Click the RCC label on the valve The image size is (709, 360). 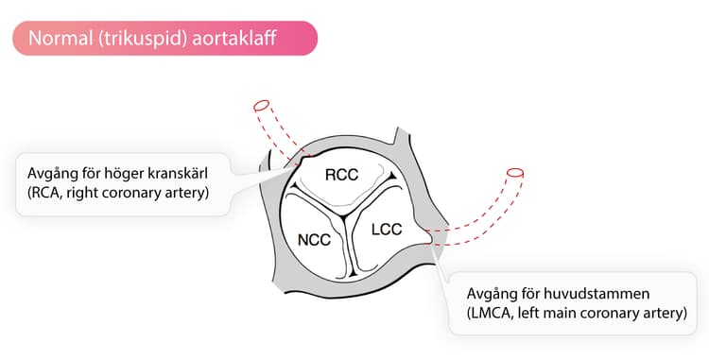coord(341,175)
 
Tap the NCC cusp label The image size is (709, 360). coord(314,240)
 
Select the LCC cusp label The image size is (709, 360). coord(387,230)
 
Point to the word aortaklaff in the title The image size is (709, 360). coord(234,39)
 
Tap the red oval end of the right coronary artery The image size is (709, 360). coord(261,106)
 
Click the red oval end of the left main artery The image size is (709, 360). coord(515,173)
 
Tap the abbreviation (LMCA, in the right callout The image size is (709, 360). coord(490,314)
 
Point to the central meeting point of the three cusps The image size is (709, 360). coord(344,216)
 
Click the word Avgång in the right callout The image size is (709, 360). coord(491,295)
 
